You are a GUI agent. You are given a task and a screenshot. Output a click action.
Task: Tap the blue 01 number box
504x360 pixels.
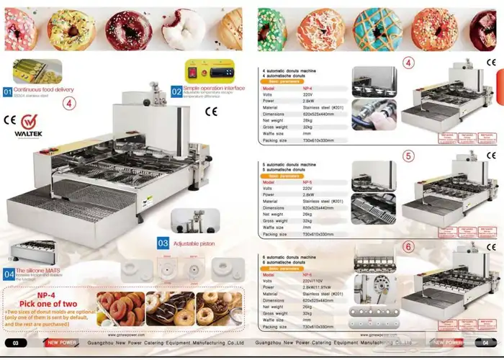[8, 92]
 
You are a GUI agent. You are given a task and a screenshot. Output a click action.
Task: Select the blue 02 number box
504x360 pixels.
[176, 91]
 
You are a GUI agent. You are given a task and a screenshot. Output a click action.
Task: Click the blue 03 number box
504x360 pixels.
[163, 243]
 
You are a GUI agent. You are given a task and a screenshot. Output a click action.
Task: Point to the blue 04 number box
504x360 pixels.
[8, 274]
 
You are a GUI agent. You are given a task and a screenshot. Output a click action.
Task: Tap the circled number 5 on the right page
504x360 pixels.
[408, 155]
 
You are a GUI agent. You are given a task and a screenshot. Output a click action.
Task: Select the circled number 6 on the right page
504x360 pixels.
[408, 246]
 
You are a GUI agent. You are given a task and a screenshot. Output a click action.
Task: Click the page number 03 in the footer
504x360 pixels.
[15, 343]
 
